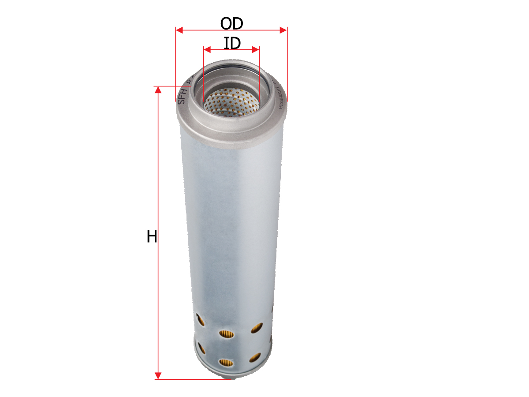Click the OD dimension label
click(232, 23)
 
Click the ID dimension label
click(232, 43)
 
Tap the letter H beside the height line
click(152, 237)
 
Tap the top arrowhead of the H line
click(158, 90)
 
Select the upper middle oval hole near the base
click(226, 335)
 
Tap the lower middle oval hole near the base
click(226, 363)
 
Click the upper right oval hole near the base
click(257, 327)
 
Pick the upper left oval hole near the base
click(200, 320)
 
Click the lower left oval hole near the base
click(201, 348)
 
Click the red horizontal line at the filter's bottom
click(194, 379)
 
